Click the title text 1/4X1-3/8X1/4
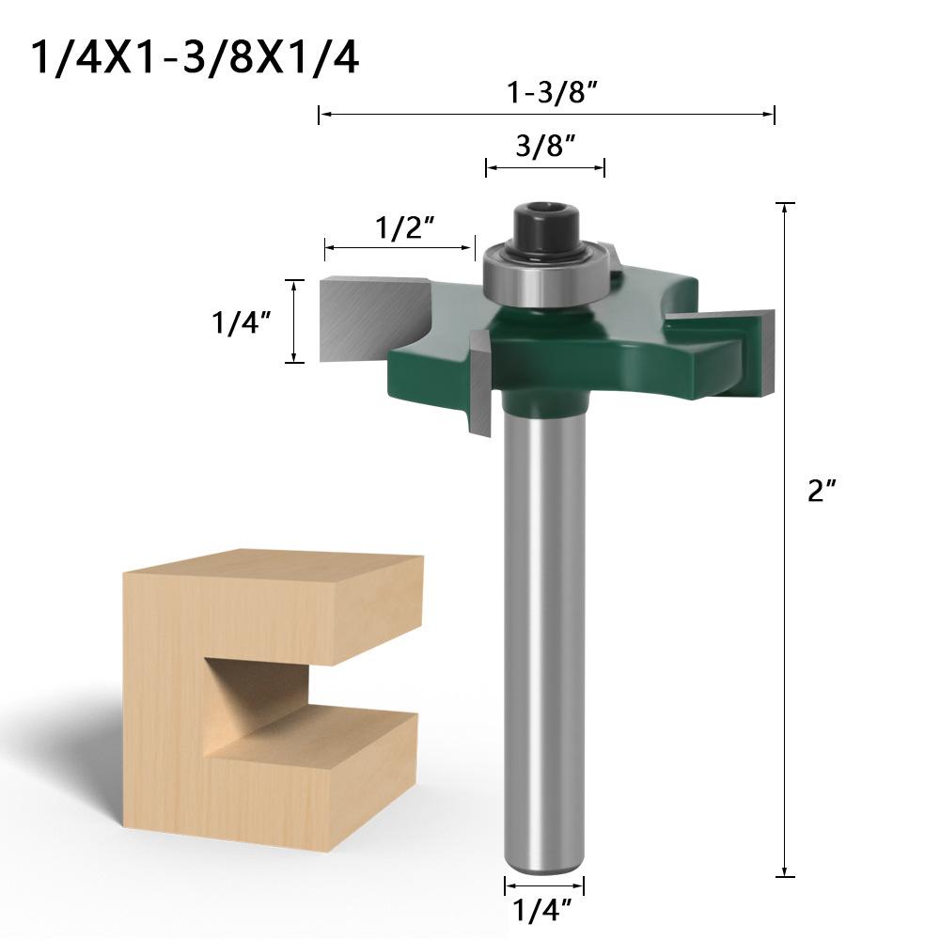tap(195, 57)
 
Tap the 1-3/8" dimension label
tap(552, 92)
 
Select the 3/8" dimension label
tap(545, 146)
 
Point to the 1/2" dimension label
tap(404, 227)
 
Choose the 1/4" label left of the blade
tap(242, 322)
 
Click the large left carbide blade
tap(371, 318)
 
